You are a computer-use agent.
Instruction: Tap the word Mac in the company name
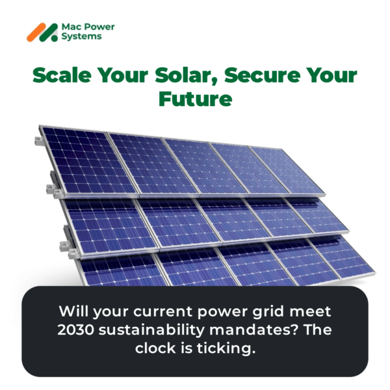pos(70,27)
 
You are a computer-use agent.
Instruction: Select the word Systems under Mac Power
pos(81,37)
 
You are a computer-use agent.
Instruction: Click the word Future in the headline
pos(195,99)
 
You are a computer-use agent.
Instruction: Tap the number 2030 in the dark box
pos(76,330)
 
